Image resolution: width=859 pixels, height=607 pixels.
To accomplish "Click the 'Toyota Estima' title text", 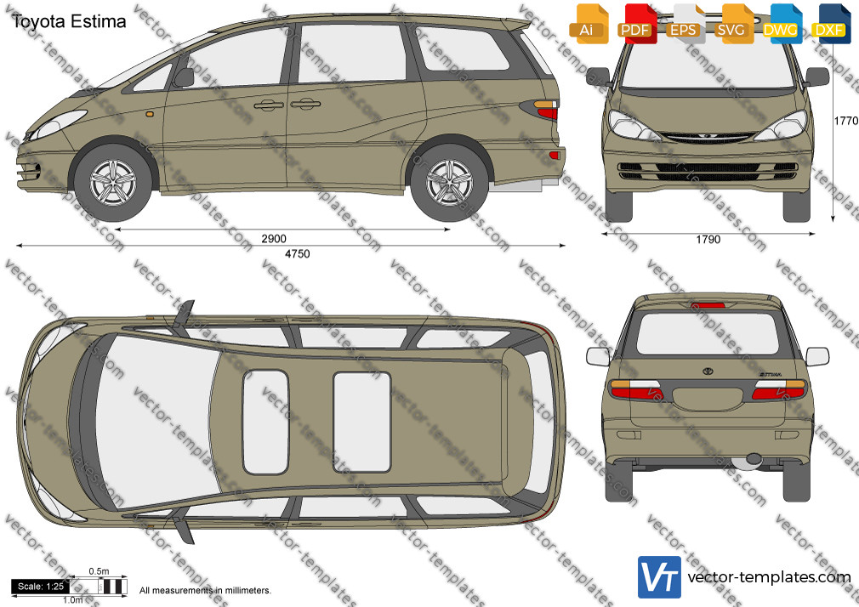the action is click(69, 21).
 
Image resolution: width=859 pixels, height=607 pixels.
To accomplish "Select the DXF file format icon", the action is click(831, 24).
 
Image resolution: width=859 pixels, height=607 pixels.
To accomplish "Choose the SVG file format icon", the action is click(734, 24).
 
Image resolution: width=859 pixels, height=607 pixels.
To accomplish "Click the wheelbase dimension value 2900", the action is click(274, 238).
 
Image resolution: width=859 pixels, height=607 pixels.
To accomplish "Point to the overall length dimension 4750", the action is click(298, 253).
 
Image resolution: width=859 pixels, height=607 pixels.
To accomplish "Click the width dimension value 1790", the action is click(708, 240).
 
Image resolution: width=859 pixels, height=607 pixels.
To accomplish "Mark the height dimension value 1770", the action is click(846, 121).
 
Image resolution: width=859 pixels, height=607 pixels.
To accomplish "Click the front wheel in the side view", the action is click(113, 182).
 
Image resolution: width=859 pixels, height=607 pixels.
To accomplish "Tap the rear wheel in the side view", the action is click(449, 182).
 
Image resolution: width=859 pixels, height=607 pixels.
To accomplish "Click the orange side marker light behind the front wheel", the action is click(149, 115).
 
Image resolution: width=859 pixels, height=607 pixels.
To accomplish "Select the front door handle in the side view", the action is click(269, 105).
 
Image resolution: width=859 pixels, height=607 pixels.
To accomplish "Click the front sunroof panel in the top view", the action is click(265, 422).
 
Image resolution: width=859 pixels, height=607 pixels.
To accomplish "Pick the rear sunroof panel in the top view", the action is click(362, 422).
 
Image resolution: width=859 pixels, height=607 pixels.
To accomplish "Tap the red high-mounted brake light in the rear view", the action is click(708, 305).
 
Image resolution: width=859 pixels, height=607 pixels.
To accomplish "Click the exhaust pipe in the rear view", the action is click(754, 459).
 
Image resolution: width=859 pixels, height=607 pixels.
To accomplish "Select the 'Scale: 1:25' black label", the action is click(41, 587).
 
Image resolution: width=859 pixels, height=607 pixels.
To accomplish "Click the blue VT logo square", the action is click(660, 577).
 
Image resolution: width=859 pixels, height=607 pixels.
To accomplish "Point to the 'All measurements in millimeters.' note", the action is click(206, 591).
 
